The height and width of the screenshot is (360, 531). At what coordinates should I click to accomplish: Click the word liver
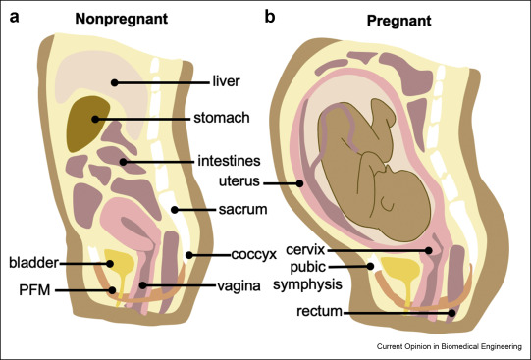pos(226,81)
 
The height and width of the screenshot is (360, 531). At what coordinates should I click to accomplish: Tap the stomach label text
pos(222,118)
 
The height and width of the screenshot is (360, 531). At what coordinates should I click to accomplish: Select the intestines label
pos(229,161)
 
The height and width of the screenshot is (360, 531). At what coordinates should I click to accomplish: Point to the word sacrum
pos(242,210)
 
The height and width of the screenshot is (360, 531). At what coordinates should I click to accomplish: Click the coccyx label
pos(254,254)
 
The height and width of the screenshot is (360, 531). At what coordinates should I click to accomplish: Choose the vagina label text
pos(239,286)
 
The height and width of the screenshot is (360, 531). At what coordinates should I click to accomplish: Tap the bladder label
pos(34,263)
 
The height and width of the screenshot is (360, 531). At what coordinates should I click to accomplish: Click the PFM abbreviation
pos(34,290)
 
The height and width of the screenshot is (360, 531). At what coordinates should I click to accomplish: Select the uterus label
pos(239,181)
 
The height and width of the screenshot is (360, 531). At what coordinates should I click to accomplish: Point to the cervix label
pos(305,250)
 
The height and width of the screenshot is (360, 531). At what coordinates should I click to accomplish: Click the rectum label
pos(319,311)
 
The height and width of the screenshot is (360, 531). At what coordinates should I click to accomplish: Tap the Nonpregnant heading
pos(122,19)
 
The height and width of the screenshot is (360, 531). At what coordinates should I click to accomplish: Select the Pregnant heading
pos(398,21)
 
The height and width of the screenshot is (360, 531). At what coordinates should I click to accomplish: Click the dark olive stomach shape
pos(86,124)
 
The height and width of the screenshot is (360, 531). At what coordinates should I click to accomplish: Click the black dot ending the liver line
pos(115,82)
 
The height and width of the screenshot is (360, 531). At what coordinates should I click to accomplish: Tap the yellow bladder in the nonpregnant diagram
pos(120,266)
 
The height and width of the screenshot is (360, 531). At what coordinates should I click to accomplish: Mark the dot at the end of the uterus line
pos(299,183)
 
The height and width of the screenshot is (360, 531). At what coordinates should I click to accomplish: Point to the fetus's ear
pos(388,204)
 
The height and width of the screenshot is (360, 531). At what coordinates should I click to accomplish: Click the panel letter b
pos(270,17)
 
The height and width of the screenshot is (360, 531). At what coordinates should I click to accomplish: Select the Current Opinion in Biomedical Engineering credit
pos(450,346)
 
